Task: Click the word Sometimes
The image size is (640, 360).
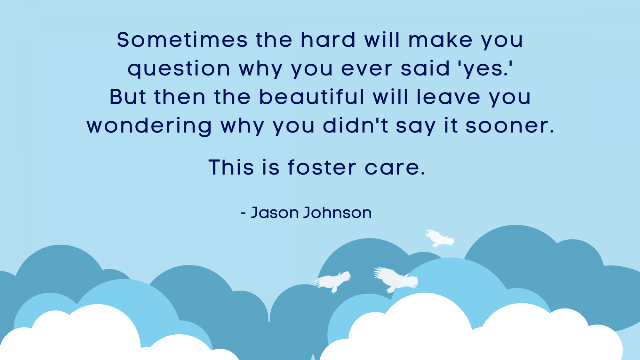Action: coord(182,40)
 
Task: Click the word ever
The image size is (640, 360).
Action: coord(367,69)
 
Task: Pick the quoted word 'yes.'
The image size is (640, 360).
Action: coord(485,69)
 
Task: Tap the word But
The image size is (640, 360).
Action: coord(128,97)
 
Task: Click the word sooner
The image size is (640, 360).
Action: coord(510,126)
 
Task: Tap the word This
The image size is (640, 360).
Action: coord(231,167)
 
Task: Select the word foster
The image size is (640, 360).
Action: coord(322,167)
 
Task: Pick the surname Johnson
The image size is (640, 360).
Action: coord(338,212)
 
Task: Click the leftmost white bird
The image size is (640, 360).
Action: coord(333,282)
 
